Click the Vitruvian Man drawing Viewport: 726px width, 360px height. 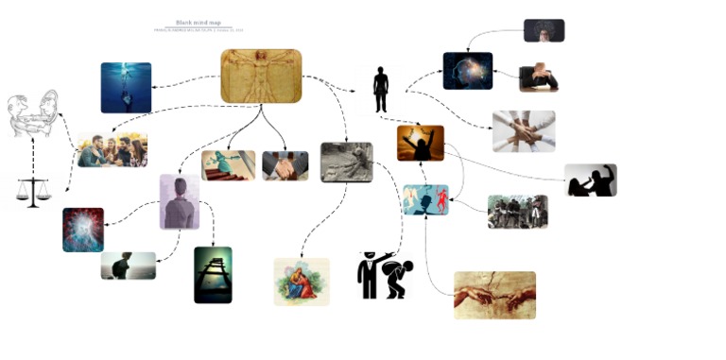click(x=261, y=76)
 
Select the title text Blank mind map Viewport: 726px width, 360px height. click(x=199, y=23)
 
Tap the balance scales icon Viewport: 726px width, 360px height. click(x=33, y=192)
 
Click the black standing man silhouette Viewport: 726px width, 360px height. click(x=380, y=89)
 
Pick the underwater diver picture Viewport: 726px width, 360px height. click(x=126, y=88)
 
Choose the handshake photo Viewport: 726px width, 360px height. click(x=285, y=165)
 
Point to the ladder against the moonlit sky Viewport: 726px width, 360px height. click(x=213, y=274)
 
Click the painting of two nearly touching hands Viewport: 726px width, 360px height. click(x=494, y=295)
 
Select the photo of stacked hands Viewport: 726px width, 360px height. click(x=523, y=131)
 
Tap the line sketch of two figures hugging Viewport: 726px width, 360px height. click(x=33, y=114)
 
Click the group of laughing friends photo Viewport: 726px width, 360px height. click(x=112, y=150)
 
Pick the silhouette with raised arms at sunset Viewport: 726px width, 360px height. click(x=420, y=143)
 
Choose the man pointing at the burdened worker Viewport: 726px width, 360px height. click(x=382, y=275)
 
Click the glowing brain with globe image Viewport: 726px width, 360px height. click(x=467, y=71)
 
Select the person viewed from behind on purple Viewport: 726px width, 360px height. click(x=179, y=201)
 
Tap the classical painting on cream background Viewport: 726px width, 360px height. click(x=302, y=282)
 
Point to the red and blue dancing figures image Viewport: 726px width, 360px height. click(x=425, y=200)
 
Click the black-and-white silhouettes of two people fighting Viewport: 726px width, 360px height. click(x=590, y=180)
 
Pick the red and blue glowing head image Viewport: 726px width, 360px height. click(x=83, y=230)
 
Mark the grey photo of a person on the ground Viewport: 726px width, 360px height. click(x=346, y=162)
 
